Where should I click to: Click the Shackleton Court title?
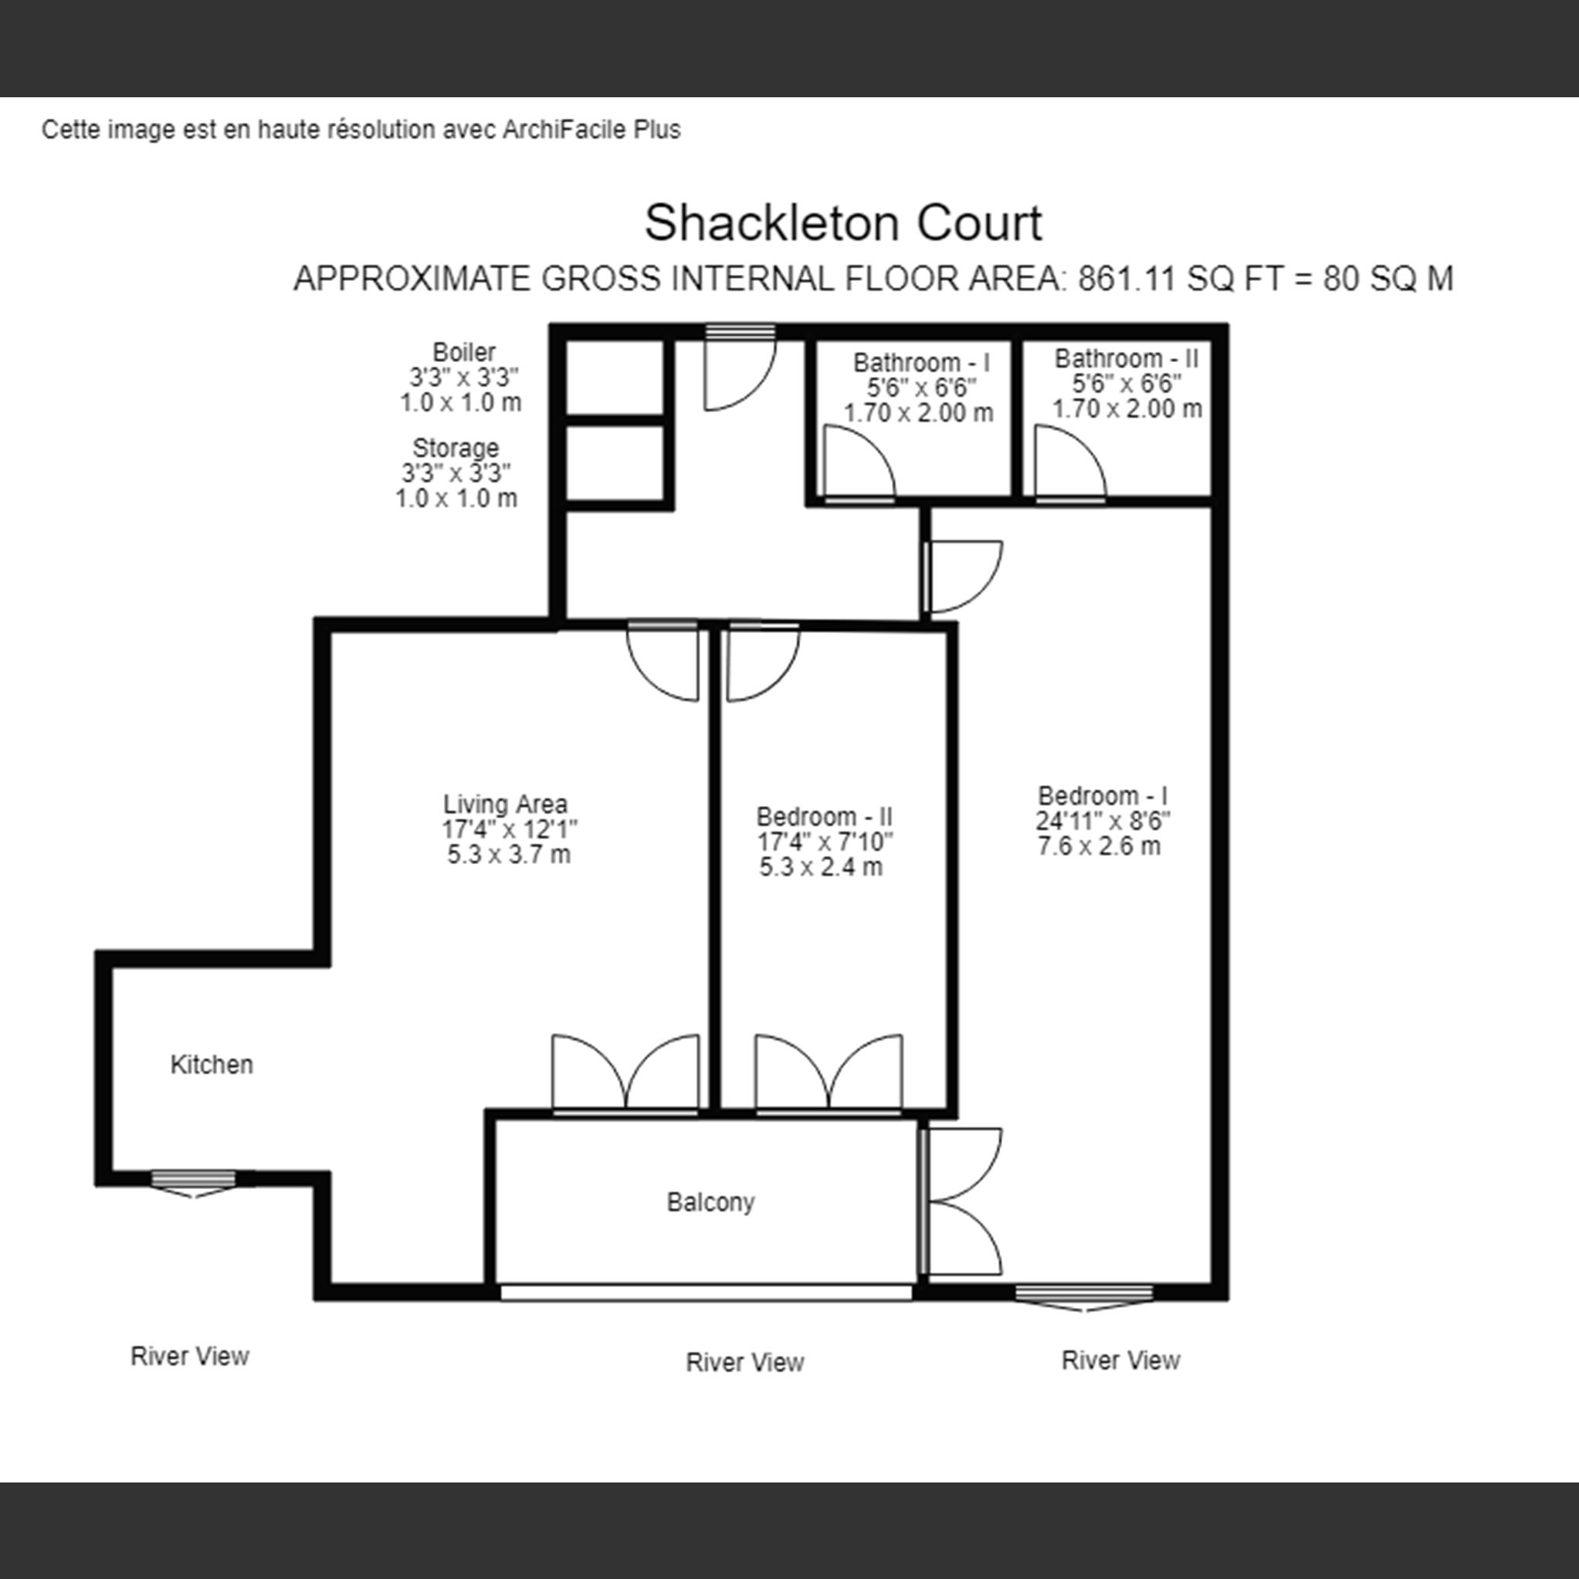[842, 223]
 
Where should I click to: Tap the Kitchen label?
[212, 1064]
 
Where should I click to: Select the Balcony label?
[710, 1202]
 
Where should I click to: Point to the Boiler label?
[463, 352]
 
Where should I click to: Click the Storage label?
[456, 448]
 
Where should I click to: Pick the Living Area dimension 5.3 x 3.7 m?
[508, 855]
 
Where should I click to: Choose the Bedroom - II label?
[824, 816]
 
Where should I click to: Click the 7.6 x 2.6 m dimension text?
[1099, 846]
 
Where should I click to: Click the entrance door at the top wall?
[740, 372]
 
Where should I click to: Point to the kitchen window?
[194, 1182]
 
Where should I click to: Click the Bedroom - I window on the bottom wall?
[1084, 1295]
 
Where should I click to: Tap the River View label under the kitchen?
[190, 1357]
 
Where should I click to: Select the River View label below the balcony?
[744, 1363]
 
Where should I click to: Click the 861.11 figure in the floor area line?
[1127, 280]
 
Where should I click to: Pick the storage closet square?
[615, 463]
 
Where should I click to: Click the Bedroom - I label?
[1103, 795]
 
